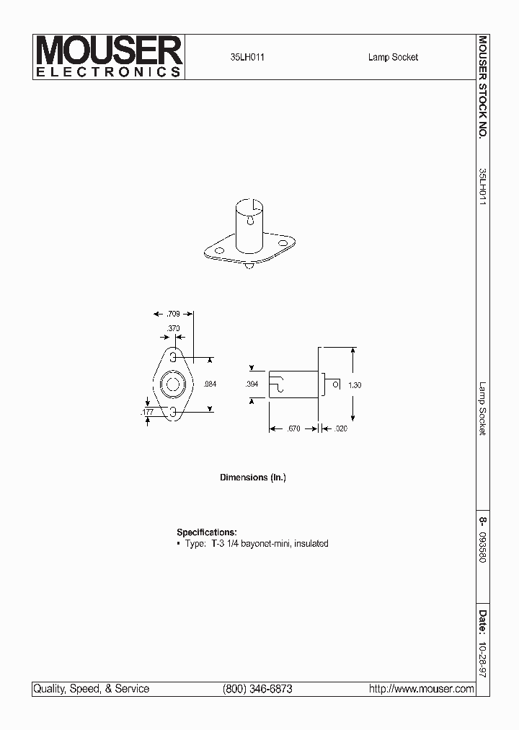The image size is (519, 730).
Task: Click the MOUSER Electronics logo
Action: pos(109,57)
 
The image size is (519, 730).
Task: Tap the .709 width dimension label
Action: pos(173,314)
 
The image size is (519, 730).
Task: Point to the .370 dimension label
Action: pos(173,328)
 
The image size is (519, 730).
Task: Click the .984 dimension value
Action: pos(210,384)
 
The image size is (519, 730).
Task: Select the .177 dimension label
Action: pos(147,412)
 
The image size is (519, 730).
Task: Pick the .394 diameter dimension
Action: pos(252,384)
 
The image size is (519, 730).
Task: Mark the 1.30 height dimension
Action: pos(354,385)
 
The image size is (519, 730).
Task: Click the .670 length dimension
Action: pos(293,428)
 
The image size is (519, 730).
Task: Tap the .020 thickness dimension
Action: pos(341,428)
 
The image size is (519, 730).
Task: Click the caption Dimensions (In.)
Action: pos(252,478)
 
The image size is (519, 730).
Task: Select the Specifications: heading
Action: pos(206,532)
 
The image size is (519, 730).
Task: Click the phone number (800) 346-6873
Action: pos(258,689)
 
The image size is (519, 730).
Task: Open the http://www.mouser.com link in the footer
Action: pos(421,689)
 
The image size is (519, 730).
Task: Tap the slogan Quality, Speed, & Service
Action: pos(92,689)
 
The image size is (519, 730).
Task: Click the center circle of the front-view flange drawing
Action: pos(173,384)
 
